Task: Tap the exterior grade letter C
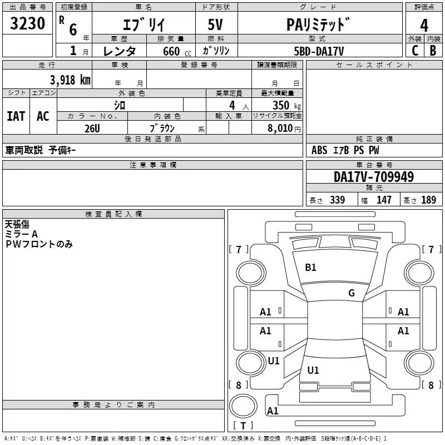[x=414, y=50]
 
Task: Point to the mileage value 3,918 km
[x=70, y=79]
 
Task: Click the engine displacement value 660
[x=171, y=51]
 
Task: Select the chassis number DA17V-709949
[x=373, y=177]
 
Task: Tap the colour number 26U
[x=92, y=127]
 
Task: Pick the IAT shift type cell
[x=16, y=116]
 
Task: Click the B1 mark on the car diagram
[x=310, y=268]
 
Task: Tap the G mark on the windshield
[x=352, y=293]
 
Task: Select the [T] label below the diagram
[x=243, y=426]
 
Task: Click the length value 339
[x=337, y=200]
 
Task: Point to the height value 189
[x=429, y=200]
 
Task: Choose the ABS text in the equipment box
[x=319, y=150]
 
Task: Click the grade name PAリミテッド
[x=319, y=25]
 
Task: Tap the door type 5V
[x=216, y=25]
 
